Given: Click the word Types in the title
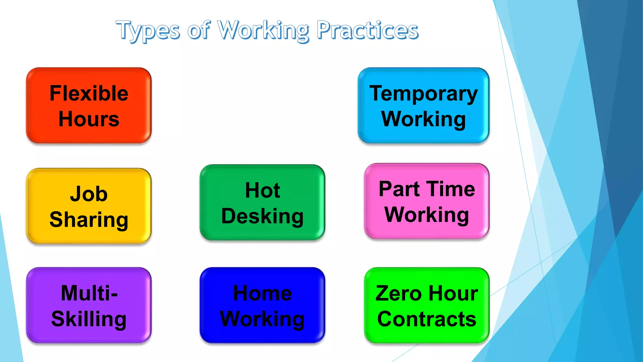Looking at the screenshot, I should pos(148,30).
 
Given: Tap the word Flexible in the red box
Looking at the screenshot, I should pos(89,93).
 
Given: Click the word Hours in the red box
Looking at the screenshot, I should pos(89,119).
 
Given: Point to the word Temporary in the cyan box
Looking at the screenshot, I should pos(424,94).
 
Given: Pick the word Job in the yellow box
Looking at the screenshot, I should pos(89,194).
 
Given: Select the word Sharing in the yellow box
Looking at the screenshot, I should pos(89,219).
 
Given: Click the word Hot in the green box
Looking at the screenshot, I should pos(262,190).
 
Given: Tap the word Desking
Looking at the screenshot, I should pos(262,216).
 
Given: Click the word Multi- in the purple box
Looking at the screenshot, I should pos(89,293).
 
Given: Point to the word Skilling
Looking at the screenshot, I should pos(89,319).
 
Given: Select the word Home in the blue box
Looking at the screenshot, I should pos(262,293).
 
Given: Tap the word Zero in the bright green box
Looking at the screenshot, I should pos(398,293).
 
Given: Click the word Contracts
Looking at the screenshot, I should pos(427,319).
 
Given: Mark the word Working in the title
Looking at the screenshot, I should pos(263,30).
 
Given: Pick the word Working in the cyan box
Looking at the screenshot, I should pos(424,119).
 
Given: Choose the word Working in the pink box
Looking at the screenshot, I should pos(427,215).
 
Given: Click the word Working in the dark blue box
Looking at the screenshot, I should pos(262,319).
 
